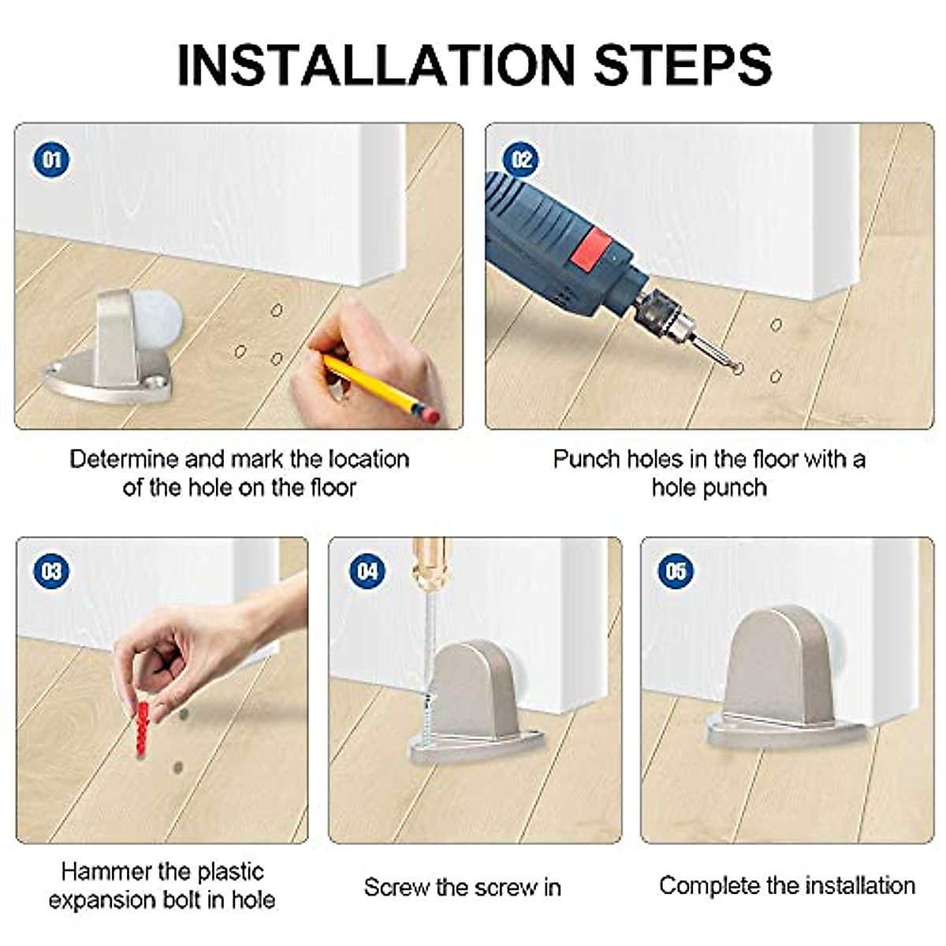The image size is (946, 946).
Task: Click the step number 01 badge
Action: pyautogui.click(x=51, y=160)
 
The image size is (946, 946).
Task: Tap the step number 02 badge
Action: pyautogui.click(x=521, y=160)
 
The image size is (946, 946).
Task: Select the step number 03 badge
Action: pyautogui.click(x=51, y=571)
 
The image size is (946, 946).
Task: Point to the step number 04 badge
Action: pyautogui.click(x=367, y=571)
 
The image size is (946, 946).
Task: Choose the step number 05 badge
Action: pyautogui.click(x=676, y=571)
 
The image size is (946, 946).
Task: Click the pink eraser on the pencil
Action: pyautogui.click(x=430, y=415)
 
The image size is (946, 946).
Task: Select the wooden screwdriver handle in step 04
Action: pyautogui.click(x=430, y=564)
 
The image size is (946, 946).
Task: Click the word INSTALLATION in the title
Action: pyautogui.click(x=375, y=65)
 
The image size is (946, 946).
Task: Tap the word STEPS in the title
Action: pyautogui.click(x=683, y=65)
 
